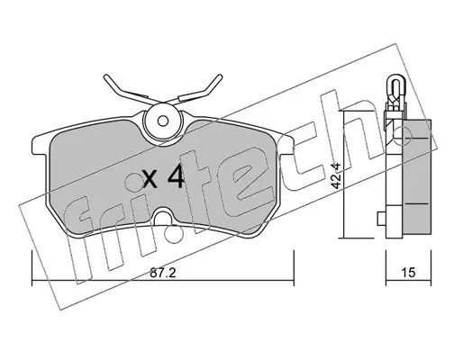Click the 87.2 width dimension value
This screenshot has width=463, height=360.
[x=162, y=273]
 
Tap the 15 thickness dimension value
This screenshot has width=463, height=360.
[x=408, y=273]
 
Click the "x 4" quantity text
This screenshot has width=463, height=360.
[x=164, y=177]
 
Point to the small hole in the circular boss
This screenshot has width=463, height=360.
[x=163, y=121]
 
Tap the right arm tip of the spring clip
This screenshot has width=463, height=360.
[x=220, y=76]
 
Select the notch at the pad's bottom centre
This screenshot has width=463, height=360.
[x=163, y=217]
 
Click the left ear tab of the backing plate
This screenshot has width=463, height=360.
[x=40, y=146]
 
